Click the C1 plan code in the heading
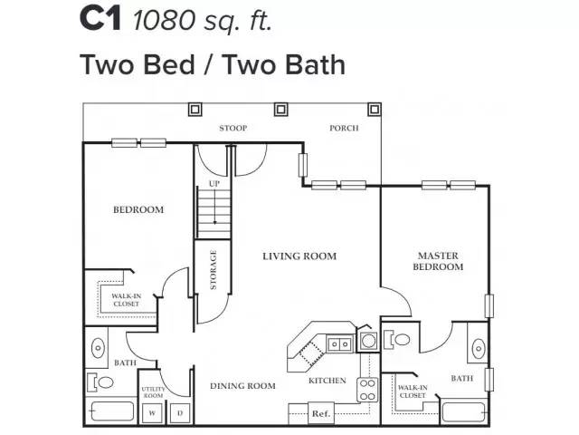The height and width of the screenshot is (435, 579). pos(100,20)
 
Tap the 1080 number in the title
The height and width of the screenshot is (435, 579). pos(164,20)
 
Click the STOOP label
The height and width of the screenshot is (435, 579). pos(233,128)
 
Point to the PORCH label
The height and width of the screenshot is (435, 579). pos(344,128)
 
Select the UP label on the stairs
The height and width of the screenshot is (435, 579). pos(214,183)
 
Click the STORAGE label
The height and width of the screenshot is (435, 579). pos(214,270)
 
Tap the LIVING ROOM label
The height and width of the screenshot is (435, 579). pos(299,256)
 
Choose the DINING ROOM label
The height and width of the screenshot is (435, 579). pos(242,386)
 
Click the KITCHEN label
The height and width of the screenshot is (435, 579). pos(327,381)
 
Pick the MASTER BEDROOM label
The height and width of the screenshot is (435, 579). pos(438,261)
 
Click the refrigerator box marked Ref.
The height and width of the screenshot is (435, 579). pos(320,413)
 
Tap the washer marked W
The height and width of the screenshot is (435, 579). pos(152,413)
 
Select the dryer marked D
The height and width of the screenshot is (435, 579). pos(180,413)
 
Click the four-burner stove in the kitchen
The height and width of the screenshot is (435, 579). pos(367,390)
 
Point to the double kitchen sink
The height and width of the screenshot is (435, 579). pos(339,344)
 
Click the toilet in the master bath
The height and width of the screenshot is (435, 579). pos(397,339)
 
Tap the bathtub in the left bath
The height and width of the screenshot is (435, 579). pos(112,411)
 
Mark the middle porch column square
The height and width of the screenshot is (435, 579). pos(280,110)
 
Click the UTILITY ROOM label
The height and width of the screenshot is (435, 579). pos(153,392)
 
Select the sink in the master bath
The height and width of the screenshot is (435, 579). pos(479,348)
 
